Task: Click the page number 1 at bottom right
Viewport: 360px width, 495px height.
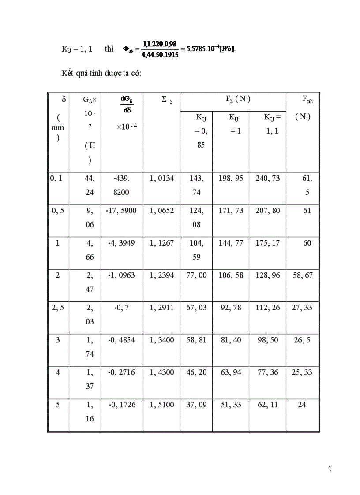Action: [330, 469]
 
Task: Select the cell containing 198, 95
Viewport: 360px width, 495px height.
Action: [231, 179]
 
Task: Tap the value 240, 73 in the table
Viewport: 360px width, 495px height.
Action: [267, 179]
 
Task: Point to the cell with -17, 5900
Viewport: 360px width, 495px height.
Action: [121, 211]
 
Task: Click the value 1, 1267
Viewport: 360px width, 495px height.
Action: [162, 243]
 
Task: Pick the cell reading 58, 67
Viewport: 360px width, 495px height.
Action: [302, 275]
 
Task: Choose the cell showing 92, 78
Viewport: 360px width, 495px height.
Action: [231, 308]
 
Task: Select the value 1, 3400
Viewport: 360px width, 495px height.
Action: [162, 340]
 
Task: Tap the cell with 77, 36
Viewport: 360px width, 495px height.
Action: [267, 372]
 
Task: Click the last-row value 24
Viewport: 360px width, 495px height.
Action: [302, 405]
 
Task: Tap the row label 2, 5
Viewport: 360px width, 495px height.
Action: [58, 308]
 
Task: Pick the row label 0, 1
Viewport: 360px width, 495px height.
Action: [56, 179]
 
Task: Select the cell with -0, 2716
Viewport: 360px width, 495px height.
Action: [121, 372]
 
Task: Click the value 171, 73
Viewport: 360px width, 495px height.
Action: [231, 211]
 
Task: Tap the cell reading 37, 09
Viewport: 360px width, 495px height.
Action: [196, 405]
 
